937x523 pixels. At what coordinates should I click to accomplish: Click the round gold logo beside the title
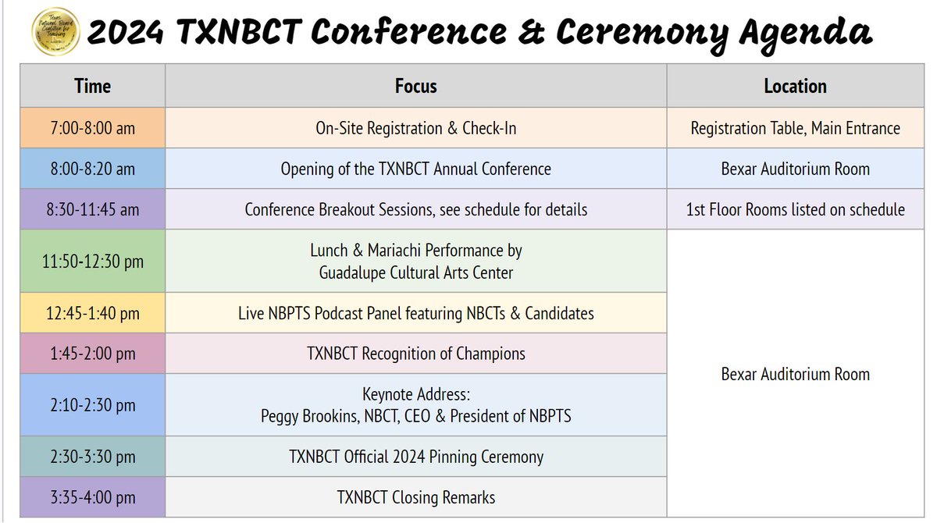(54, 30)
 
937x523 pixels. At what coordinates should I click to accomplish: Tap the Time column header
(92, 86)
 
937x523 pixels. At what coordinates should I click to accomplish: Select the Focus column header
(415, 86)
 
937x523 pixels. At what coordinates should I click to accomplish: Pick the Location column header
(795, 86)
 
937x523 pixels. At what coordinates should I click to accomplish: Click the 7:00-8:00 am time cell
(92, 128)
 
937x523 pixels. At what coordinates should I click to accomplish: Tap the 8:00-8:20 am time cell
(92, 169)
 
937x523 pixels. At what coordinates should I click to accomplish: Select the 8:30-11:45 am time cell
(92, 209)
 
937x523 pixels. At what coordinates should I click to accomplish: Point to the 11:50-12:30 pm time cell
(92, 261)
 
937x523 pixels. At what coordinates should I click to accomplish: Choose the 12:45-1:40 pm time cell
(92, 313)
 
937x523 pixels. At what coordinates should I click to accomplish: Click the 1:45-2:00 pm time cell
(92, 354)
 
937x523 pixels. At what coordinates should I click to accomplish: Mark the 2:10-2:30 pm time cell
(92, 405)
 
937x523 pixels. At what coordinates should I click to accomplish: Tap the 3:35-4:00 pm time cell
(92, 497)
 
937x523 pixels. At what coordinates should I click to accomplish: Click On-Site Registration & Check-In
(415, 128)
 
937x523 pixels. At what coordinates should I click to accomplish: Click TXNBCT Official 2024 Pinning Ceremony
(415, 457)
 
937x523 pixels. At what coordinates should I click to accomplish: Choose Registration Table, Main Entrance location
(795, 128)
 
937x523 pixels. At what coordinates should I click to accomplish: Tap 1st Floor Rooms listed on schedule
(795, 209)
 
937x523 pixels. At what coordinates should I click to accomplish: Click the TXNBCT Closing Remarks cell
(415, 497)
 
